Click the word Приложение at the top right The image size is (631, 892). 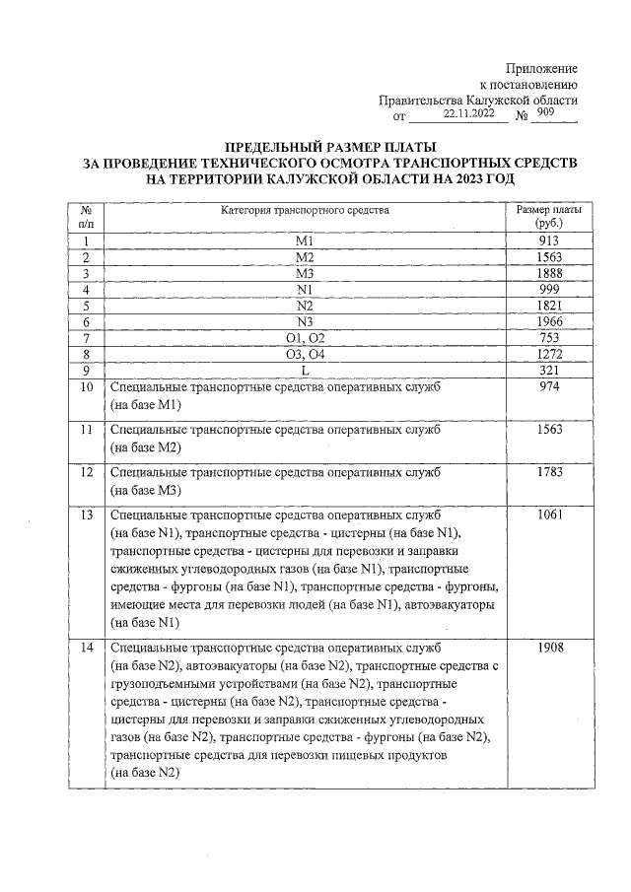(541, 68)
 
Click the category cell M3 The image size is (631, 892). (304, 273)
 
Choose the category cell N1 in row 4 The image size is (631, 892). (304, 289)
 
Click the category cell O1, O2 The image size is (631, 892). (304, 338)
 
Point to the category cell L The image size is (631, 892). (304, 371)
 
